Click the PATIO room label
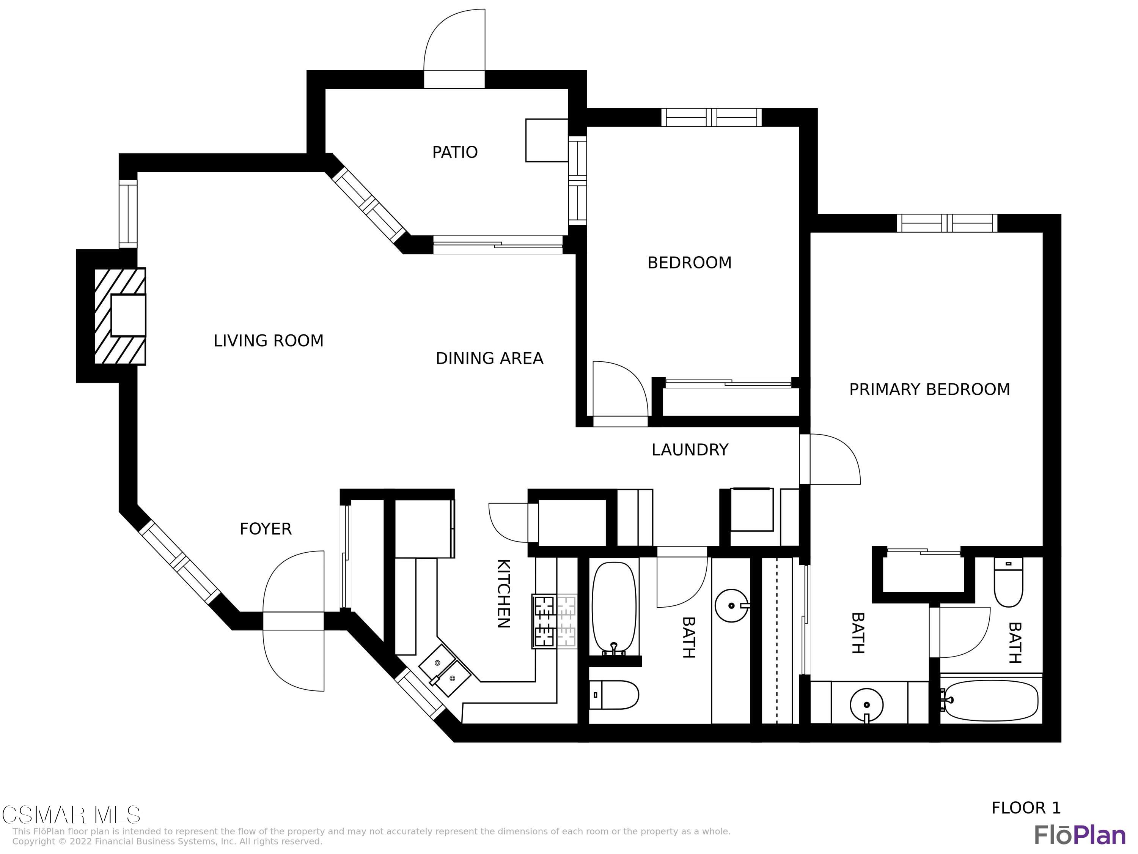tap(455, 152)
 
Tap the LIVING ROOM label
tap(269, 341)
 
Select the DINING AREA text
tap(489, 358)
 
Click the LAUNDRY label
tap(690, 450)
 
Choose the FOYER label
tap(266, 529)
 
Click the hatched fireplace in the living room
tap(120, 316)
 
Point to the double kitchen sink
tap(445, 670)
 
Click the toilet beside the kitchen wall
tap(613, 695)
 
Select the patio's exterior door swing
tap(454, 41)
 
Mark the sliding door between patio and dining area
tap(498, 245)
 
